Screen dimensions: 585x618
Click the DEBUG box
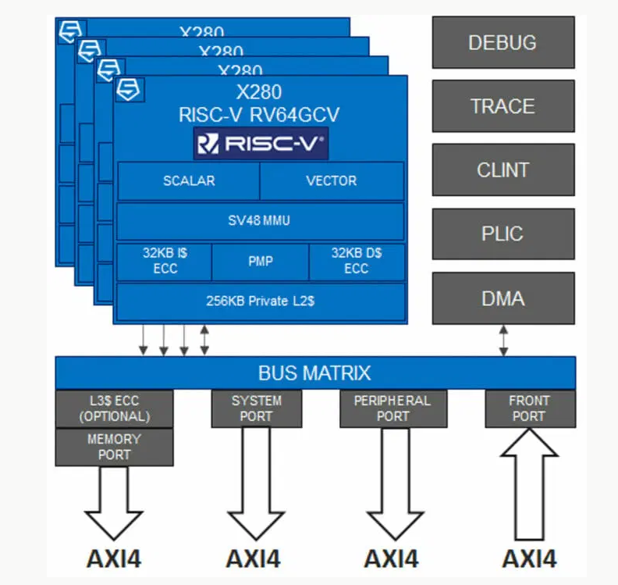[x=503, y=42]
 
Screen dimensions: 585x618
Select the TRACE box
[x=503, y=105]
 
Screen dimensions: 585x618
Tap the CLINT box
[x=503, y=169]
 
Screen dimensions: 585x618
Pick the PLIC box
[x=503, y=234]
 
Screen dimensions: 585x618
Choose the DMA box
[x=503, y=298]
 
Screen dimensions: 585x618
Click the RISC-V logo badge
[x=261, y=144]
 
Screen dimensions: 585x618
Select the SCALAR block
[x=188, y=180]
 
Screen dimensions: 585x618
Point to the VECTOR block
[x=332, y=180]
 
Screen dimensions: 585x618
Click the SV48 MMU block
[x=261, y=221]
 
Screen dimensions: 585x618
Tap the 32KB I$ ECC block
[x=164, y=262]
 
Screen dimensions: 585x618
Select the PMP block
[x=261, y=262]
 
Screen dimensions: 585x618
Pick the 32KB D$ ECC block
[x=357, y=262]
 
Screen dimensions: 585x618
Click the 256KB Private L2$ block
[x=261, y=301]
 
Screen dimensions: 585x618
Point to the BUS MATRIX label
[x=314, y=373]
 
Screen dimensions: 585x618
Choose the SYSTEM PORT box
[x=257, y=408]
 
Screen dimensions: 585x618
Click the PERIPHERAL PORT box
[x=392, y=408]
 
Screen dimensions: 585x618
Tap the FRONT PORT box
[x=529, y=408]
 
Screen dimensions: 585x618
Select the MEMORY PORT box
[x=114, y=447]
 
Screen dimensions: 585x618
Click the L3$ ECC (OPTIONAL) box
[x=114, y=408]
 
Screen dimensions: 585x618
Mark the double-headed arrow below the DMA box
[x=503, y=341]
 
